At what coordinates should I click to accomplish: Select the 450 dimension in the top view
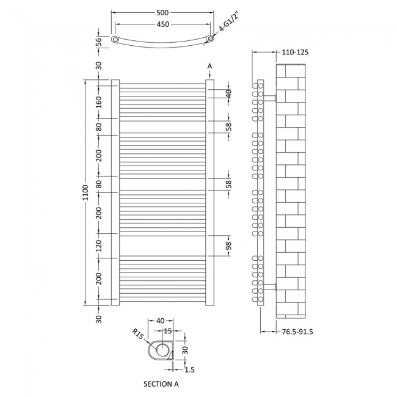coord(162,25)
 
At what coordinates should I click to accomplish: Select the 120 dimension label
coord(98,246)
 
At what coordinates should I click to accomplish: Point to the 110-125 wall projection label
coord(296,53)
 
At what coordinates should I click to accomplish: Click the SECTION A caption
coord(162,384)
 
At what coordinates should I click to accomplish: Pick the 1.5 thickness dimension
coord(189,370)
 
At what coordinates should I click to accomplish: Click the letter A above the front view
coord(209,66)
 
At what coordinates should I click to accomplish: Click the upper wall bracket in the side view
coord(271,98)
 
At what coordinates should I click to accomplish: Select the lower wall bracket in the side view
coord(271,286)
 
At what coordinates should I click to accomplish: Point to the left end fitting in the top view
coord(115,40)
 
